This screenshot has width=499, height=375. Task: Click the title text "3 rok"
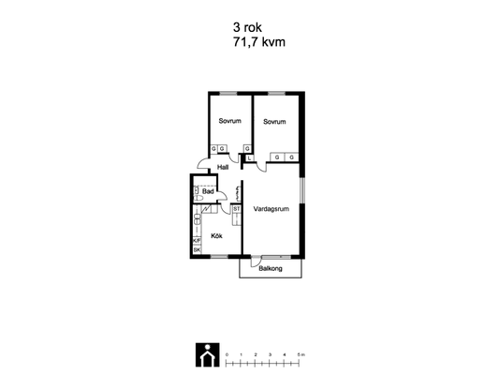(247, 27)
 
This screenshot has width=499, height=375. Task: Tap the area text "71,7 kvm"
(259, 42)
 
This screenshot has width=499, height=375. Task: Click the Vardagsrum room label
(272, 209)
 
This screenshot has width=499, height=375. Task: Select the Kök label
(216, 235)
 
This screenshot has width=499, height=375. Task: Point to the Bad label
(208, 191)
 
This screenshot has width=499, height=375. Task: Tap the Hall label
(223, 167)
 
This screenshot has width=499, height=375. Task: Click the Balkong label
(271, 268)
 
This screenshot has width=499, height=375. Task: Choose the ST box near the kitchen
(237, 209)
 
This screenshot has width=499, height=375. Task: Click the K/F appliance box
(197, 241)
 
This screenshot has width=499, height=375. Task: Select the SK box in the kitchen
(197, 250)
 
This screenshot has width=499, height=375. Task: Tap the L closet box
(249, 158)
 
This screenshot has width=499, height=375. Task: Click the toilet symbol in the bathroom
(198, 199)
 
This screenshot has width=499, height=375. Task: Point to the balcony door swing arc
(254, 262)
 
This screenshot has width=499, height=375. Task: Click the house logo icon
(208, 355)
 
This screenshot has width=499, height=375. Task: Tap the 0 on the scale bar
(227, 354)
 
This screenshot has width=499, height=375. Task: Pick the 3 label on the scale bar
(270, 354)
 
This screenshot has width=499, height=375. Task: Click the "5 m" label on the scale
(301, 354)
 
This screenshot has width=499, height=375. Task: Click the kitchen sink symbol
(197, 219)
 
